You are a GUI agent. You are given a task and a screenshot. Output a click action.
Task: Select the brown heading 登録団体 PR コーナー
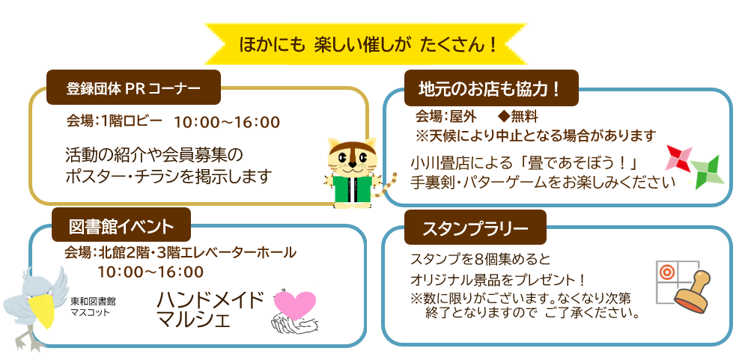click(x=133, y=88)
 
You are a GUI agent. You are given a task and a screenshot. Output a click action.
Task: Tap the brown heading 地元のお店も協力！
click(x=491, y=88)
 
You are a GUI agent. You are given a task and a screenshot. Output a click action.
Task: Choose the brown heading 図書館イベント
click(x=121, y=225)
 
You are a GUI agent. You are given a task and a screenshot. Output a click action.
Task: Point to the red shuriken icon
click(x=678, y=159)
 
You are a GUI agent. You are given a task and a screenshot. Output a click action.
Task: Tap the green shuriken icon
click(x=708, y=171)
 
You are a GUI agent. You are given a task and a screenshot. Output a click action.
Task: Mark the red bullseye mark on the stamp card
click(x=667, y=272)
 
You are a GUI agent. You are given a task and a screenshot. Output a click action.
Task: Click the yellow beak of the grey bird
click(x=40, y=311)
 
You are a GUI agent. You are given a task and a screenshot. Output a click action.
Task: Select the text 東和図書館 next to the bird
click(x=94, y=301)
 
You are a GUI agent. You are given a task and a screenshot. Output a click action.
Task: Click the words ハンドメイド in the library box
click(x=210, y=300)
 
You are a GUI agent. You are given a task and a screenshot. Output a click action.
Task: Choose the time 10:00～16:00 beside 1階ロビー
click(x=227, y=123)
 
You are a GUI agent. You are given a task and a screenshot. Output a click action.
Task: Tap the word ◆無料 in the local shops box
click(x=519, y=116)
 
